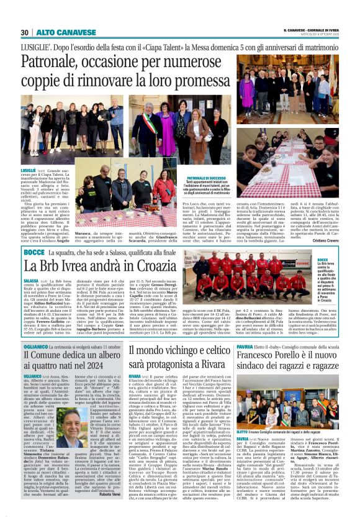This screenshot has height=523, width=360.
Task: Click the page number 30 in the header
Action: pyautogui.click(x=25, y=32)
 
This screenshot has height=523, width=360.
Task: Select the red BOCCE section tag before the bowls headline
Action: pyautogui.click(x=33, y=253)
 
